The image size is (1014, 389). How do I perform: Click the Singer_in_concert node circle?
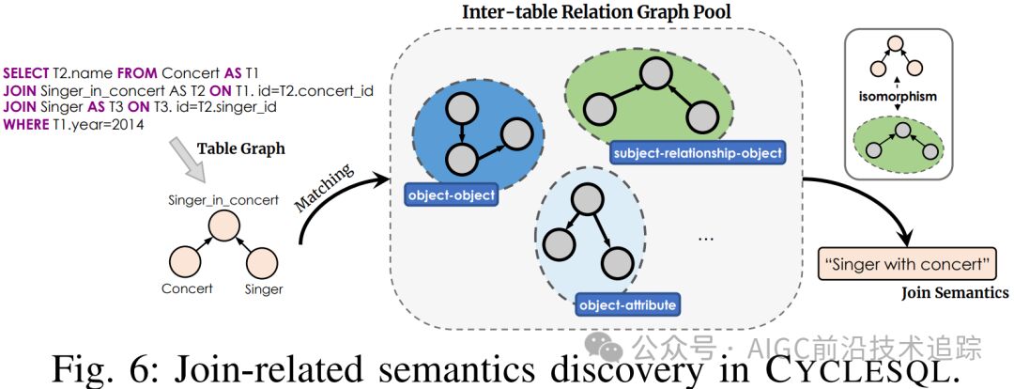click(224, 226)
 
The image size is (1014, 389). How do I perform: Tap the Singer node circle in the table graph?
click(264, 259)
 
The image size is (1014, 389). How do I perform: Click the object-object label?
click(450, 196)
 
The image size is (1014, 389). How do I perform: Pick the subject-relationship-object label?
click(698, 152)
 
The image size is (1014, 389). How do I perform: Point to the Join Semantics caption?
click(955, 293)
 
